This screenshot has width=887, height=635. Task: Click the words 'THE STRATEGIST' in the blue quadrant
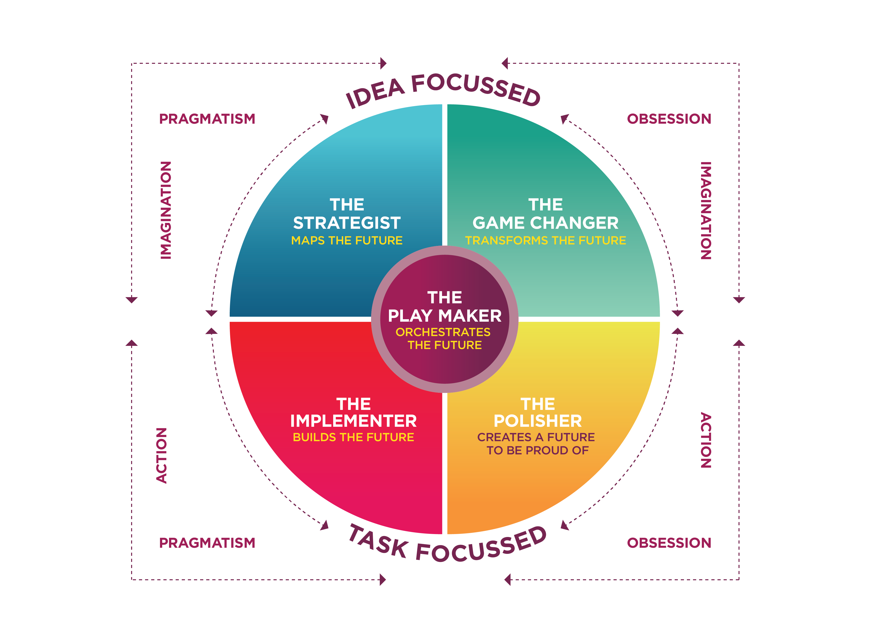pyautogui.click(x=347, y=214)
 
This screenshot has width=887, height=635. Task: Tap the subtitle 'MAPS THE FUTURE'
pyautogui.click(x=347, y=240)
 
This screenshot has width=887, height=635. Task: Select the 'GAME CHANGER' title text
pyautogui.click(x=546, y=223)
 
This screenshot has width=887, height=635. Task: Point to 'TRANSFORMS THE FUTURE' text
pyautogui.click(x=546, y=240)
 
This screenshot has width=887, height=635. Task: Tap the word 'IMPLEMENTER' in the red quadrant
pyautogui.click(x=353, y=421)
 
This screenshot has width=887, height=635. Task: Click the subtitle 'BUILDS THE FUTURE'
pyautogui.click(x=353, y=437)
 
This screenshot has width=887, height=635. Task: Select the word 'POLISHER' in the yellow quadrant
pyautogui.click(x=538, y=421)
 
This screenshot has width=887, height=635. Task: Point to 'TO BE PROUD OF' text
pyautogui.click(x=538, y=450)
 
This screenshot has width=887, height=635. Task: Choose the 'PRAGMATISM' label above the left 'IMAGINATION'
pyautogui.click(x=207, y=119)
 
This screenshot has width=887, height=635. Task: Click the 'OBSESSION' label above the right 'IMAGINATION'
pyautogui.click(x=669, y=119)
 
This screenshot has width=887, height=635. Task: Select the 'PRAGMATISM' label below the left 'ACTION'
pyautogui.click(x=207, y=543)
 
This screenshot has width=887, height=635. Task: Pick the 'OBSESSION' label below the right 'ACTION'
pyautogui.click(x=669, y=543)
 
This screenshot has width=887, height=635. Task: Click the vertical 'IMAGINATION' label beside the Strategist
pyautogui.click(x=166, y=210)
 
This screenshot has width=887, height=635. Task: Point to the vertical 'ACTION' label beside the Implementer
pyautogui.click(x=161, y=456)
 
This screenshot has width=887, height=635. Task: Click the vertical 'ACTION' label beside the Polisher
pyautogui.click(x=706, y=440)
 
